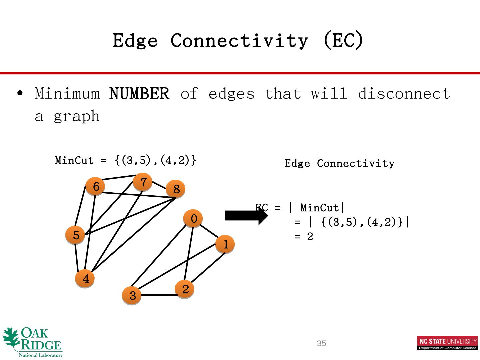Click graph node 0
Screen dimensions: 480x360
[193, 219]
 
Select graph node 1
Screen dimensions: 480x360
[225, 244]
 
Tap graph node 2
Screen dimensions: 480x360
[185, 289]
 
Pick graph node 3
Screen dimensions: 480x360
[132, 295]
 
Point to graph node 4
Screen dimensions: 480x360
[85, 279]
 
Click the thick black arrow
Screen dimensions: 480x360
[246, 216]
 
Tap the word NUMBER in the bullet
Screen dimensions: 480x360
[139, 94]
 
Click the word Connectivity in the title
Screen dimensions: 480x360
[239, 41]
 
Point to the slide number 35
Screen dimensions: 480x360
[321, 343]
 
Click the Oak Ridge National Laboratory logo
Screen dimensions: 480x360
[33, 342]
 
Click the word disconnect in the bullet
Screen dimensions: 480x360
[404, 94]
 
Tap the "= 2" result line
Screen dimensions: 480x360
[304, 237]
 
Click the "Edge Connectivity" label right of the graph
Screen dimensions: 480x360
[339, 163]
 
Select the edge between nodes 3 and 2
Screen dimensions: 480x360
[158, 295]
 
